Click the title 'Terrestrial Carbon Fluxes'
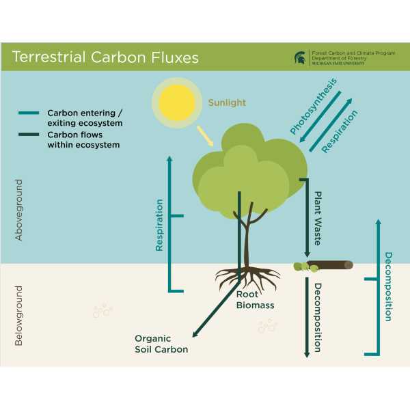106,57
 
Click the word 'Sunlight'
228,103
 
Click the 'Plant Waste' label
318,218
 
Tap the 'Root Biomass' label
255,300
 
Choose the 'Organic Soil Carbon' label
161,344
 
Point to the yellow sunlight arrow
204,136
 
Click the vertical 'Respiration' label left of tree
159,225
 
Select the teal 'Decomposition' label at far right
388,286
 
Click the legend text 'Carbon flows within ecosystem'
83,139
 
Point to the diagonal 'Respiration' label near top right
340,131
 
